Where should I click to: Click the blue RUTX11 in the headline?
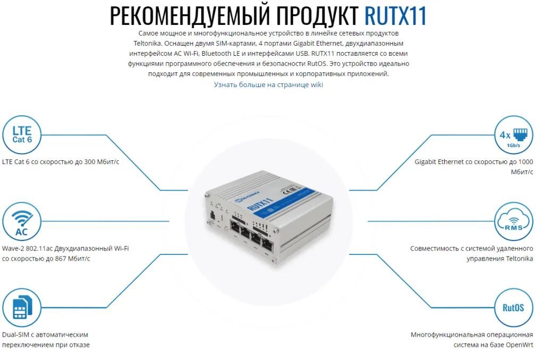tap(396, 16)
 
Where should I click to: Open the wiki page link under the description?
tap(268, 84)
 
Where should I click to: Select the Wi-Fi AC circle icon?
tap(22, 222)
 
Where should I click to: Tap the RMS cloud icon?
tap(513, 222)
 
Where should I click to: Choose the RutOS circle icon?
tap(513, 308)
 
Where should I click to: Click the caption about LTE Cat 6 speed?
tap(61, 161)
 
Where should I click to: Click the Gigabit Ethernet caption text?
tap(474, 161)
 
